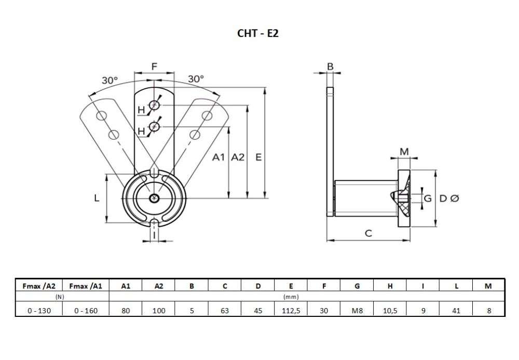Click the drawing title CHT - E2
[258, 33]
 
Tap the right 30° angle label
[196, 79]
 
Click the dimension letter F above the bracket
[154, 66]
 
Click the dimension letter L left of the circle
[97, 198]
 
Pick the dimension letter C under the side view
[368, 233]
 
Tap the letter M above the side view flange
[405, 151]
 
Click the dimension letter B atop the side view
[330, 66]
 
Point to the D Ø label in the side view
[449, 198]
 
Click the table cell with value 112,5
[291, 311]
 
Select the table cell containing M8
[357, 311]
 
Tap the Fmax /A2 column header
[38, 286]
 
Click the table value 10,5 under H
[390, 311]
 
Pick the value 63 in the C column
[225, 311]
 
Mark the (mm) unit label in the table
[291, 297]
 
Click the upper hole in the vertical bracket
[154, 106]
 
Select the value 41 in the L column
[456, 311]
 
